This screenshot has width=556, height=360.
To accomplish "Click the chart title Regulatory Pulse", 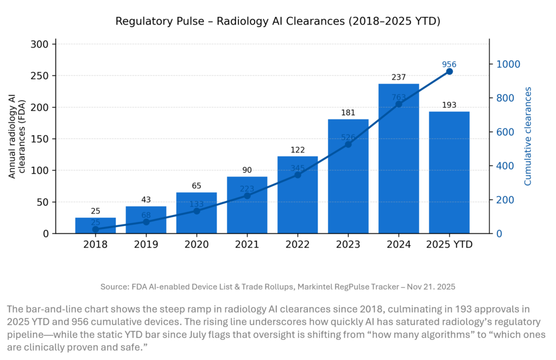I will pyautogui.click(x=277, y=22).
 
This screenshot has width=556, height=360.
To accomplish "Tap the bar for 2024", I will pyautogui.click(x=399, y=163).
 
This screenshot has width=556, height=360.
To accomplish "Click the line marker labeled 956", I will pyautogui.click(x=450, y=71).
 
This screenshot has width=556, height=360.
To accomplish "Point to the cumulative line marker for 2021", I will pyautogui.click(x=247, y=195).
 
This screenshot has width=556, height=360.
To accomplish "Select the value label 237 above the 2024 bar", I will pyautogui.click(x=399, y=78).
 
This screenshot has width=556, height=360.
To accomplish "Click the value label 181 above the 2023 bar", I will pyautogui.click(x=348, y=113).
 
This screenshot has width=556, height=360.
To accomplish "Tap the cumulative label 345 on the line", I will pyautogui.click(x=298, y=168).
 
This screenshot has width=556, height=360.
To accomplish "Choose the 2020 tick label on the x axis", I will pyautogui.click(x=197, y=244).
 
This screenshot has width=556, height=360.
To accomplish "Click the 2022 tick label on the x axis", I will pyautogui.click(x=298, y=244).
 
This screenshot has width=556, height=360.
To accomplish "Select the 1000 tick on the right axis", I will pyautogui.click(x=508, y=64).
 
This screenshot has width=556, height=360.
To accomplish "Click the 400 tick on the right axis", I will pyautogui.click(x=506, y=166).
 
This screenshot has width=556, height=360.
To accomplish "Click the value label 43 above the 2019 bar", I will pyautogui.click(x=146, y=200).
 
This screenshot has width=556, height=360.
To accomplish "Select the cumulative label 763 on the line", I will pyautogui.click(x=399, y=98).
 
